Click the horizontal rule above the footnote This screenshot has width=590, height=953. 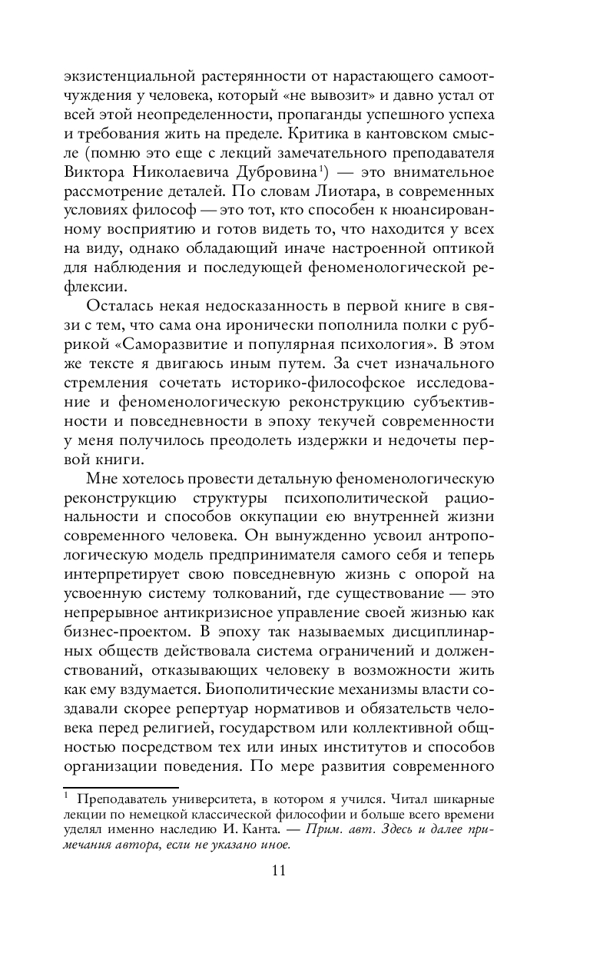[x=121, y=787]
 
